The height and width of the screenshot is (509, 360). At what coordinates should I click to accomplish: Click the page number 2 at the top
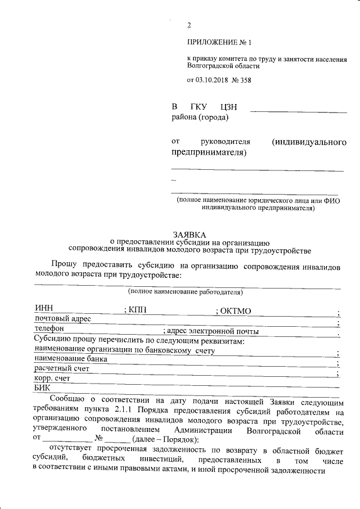(189, 25)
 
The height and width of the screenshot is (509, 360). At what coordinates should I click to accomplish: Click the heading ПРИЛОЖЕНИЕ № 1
(220, 43)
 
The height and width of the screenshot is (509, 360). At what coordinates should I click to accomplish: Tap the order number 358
(245, 80)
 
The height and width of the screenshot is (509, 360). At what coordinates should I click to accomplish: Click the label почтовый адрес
(62, 319)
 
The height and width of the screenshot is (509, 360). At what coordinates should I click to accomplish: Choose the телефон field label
(49, 328)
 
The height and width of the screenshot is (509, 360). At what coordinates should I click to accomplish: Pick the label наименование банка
(70, 358)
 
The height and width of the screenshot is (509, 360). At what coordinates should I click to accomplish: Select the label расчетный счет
(62, 368)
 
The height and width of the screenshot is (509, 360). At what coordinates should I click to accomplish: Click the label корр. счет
(52, 379)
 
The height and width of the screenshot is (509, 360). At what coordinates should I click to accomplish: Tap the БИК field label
(43, 388)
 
